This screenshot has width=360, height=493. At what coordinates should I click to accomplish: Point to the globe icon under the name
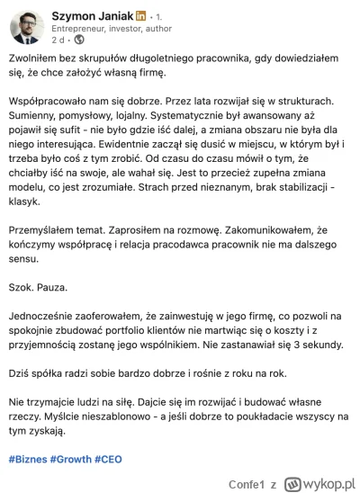tap(78, 40)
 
